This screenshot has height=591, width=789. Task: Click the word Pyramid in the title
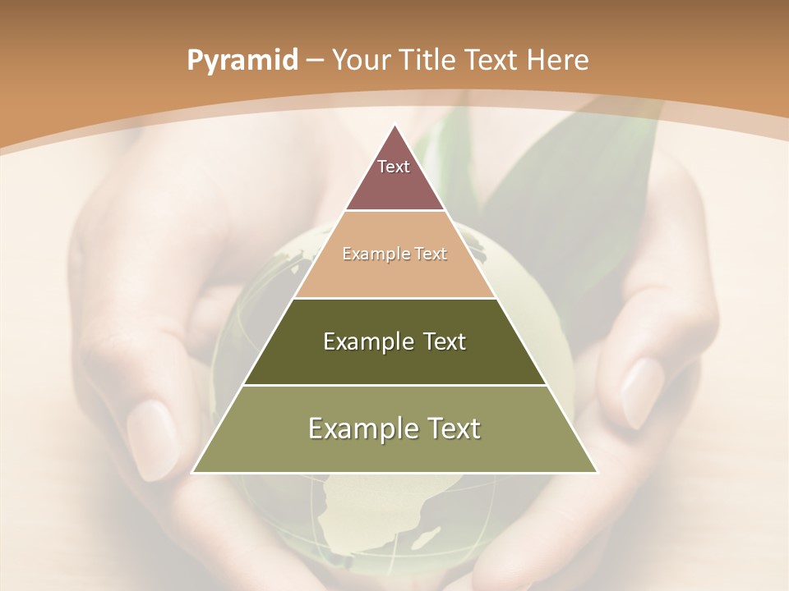coord(242,60)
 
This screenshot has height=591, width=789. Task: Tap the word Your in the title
coord(360,60)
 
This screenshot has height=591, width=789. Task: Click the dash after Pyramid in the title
coord(315,61)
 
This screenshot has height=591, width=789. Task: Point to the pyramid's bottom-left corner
coord(193,472)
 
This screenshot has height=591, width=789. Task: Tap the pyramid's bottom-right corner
coord(597,472)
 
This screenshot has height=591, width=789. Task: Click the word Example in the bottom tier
coord(359,428)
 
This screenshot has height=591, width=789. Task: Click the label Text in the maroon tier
coord(393,167)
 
